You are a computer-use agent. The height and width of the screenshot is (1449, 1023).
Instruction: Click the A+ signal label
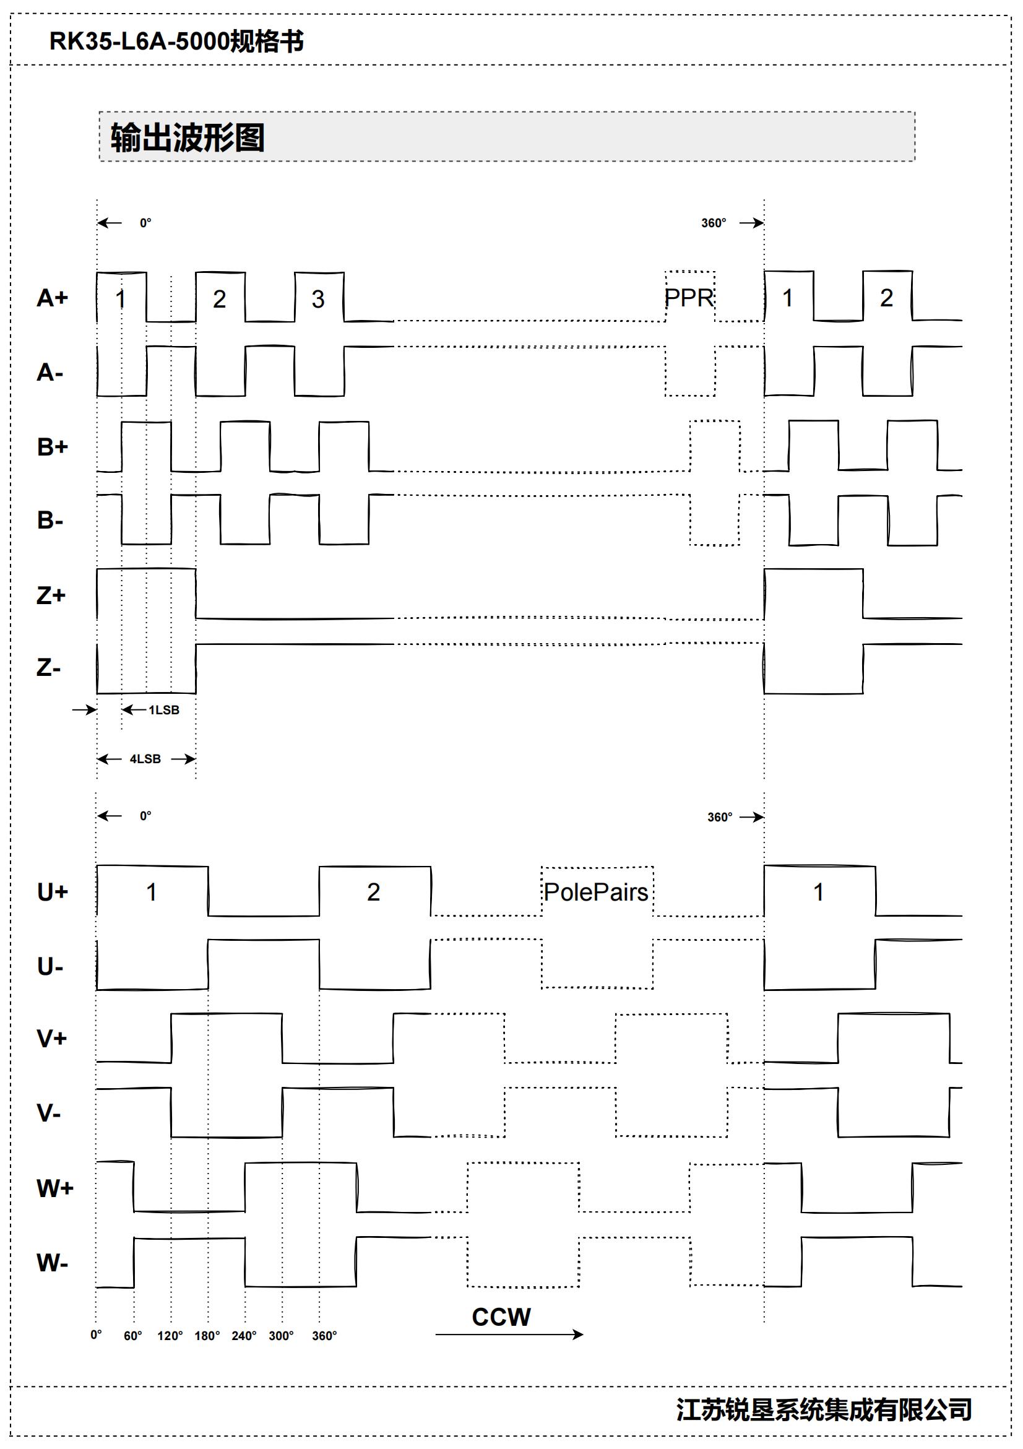tap(53, 298)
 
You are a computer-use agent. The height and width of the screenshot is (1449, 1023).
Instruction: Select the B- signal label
tap(50, 521)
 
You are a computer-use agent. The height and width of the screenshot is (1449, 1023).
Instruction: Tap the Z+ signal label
tap(51, 595)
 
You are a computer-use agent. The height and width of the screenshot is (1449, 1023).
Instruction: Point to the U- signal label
tap(50, 966)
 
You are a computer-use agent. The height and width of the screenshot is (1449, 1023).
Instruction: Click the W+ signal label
tap(55, 1188)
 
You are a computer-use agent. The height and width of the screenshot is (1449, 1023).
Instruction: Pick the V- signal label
tap(49, 1113)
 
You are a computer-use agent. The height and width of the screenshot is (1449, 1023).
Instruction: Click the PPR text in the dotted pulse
tap(689, 297)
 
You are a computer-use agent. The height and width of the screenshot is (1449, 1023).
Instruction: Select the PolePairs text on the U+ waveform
tap(597, 892)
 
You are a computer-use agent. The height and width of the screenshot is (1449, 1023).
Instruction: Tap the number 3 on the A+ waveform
tap(318, 299)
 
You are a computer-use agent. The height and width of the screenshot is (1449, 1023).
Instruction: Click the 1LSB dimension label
tap(164, 710)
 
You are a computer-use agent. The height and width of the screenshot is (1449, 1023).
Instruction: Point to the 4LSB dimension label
tap(145, 759)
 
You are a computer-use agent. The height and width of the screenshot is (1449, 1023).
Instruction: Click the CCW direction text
tap(501, 1317)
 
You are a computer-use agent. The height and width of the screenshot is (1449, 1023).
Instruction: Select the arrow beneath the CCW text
tap(509, 1334)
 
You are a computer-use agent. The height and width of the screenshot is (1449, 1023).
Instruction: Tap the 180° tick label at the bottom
tap(207, 1335)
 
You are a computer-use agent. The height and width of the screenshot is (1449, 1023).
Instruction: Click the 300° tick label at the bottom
tap(281, 1335)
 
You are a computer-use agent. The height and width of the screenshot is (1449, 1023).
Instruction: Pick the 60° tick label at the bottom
tap(132, 1335)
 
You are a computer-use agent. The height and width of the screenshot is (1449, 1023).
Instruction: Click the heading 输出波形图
tap(188, 137)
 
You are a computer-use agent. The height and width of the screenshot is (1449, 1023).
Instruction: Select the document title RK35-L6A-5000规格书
tap(177, 41)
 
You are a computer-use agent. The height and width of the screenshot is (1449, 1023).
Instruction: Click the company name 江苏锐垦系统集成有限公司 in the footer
tap(824, 1409)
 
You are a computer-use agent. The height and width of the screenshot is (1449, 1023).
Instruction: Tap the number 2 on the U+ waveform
tap(374, 892)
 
